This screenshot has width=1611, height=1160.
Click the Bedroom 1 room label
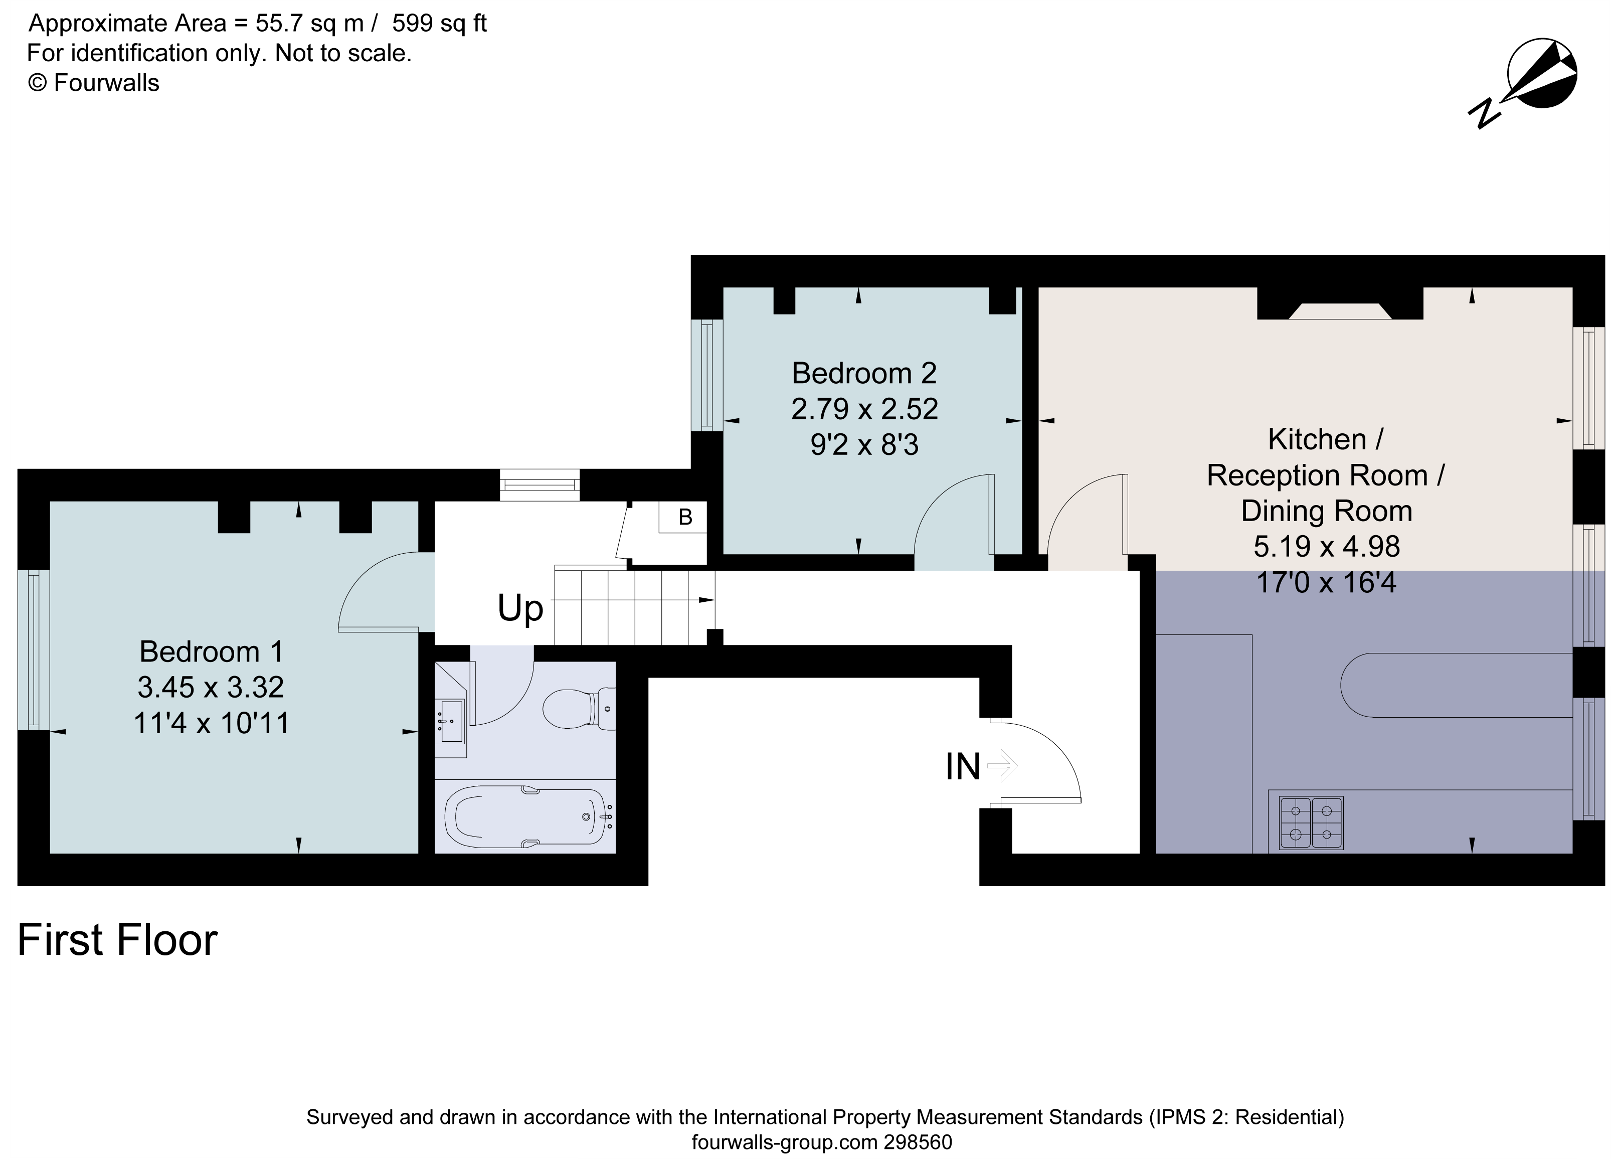click(x=211, y=651)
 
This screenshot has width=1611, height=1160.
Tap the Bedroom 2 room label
click(x=864, y=373)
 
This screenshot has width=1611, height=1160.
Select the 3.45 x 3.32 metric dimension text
click(x=211, y=687)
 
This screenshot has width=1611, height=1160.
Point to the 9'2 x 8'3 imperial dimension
click(x=864, y=445)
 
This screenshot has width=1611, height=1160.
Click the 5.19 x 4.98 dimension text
click(x=1326, y=546)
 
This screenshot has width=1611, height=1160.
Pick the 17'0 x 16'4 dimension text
click(x=1326, y=582)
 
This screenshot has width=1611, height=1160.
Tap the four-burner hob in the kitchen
click(x=1311, y=822)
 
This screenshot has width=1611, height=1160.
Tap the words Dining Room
click(x=1326, y=511)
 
